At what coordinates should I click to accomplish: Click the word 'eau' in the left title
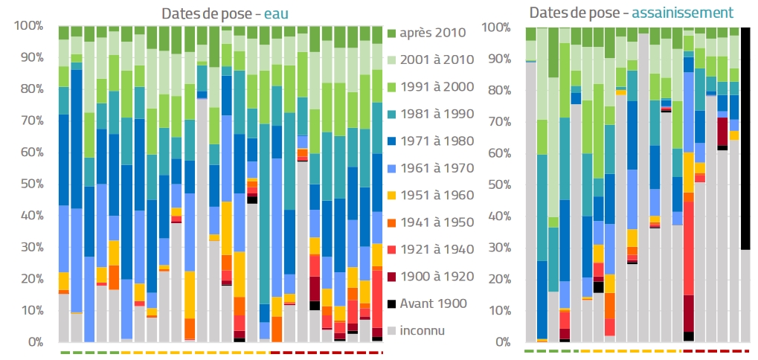tap(276, 13)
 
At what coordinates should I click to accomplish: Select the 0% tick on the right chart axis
tap(502, 343)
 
